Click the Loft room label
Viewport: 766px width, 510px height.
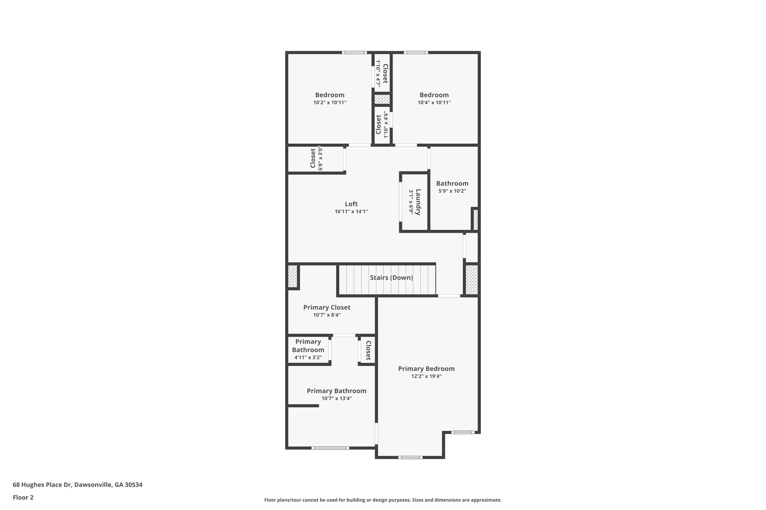(351, 204)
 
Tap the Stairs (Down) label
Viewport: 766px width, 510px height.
(391, 278)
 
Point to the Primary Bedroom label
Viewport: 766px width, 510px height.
(426, 369)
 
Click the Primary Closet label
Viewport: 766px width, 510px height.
(327, 307)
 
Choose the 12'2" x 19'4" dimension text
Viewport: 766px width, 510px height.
(426, 376)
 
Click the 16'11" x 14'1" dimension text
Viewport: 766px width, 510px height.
(351, 211)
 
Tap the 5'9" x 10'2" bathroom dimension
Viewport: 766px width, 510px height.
(452, 191)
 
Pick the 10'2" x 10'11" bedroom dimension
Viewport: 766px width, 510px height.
(330, 102)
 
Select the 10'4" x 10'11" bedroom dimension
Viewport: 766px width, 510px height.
(434, 102)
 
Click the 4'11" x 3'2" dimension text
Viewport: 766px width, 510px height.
(308, 358)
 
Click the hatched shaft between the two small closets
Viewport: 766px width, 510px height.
(382, 99)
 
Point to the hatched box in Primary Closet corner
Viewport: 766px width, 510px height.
(292, 276)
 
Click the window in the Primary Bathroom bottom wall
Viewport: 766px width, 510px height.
(330, 448)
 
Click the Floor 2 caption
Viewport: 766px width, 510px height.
(23, 498)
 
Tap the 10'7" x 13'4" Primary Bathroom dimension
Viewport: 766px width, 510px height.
(336, 398)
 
